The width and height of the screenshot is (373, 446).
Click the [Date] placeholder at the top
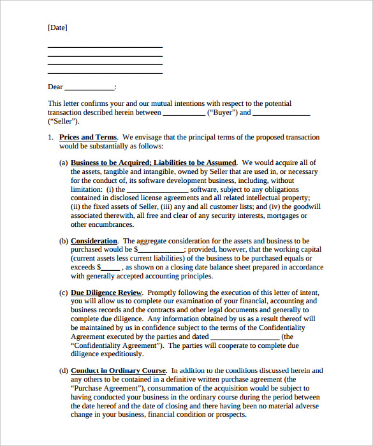pos(57,28)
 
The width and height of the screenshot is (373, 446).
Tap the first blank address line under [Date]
pos(105,48)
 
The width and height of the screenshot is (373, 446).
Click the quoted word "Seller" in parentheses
pos(63,121)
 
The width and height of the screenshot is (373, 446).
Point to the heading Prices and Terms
pos(88,137)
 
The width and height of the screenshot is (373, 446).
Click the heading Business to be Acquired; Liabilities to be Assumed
pos(153,162)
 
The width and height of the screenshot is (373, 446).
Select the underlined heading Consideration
pos(94,241)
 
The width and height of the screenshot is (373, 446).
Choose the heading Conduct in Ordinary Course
pos(118,370)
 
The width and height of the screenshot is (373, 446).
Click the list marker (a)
pos(63,162)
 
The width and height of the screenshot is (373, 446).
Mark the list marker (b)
pos(63,241)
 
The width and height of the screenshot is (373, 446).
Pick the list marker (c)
pos(63,292)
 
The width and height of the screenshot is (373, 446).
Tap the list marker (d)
pos(63,370)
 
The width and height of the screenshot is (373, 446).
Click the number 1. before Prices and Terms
pos(51,137)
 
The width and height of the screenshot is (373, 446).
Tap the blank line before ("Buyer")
pos(184,113)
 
